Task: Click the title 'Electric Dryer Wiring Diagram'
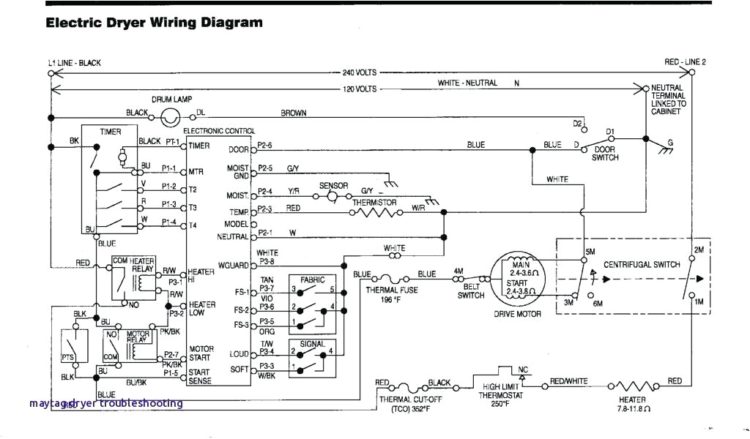(154, 23)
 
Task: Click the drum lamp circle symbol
(171, 115)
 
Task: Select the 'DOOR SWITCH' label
(605, 154)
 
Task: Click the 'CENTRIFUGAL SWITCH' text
(642, 264)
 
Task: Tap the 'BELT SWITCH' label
(471, 291)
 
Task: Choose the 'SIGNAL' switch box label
(313, 343)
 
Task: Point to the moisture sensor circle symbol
(332, 196)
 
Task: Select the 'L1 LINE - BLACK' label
(75, 63)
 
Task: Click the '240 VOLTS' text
(360, 72)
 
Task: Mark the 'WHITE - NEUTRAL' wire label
(467, 83)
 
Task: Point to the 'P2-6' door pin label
(265, 145)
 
